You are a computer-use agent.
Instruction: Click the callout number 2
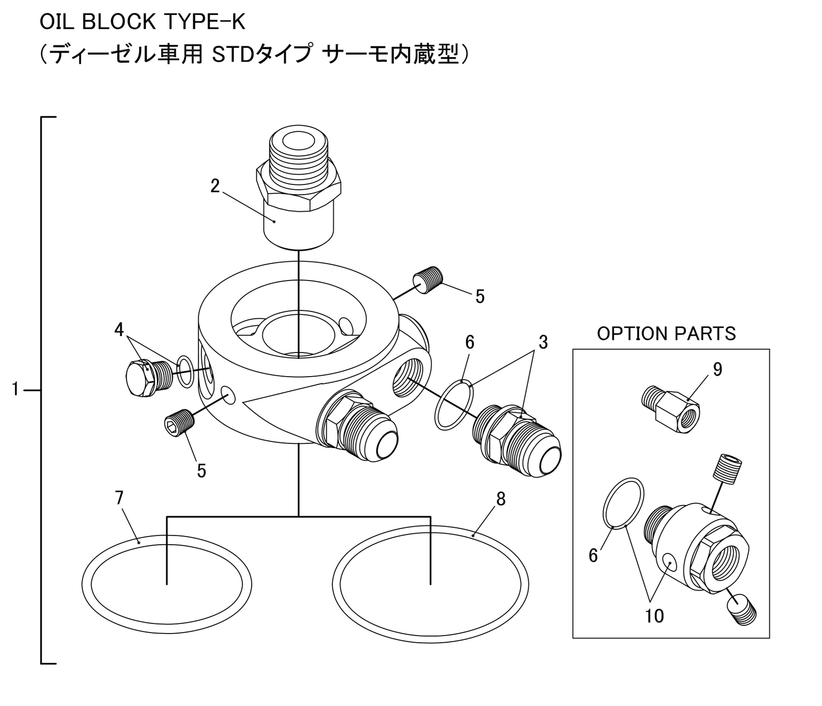click(x=215, y=185)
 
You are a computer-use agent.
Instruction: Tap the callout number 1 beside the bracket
click(x=15, y=390)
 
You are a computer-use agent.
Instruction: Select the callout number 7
click(x=119, y=498)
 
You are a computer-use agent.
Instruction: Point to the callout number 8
click(x=501, y=498)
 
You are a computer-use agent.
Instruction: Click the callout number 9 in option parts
click(x=717, y=369)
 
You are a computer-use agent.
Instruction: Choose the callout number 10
click(x=654, y=616)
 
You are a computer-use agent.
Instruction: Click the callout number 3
click(x=543, y=342)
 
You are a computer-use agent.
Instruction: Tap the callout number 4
click(x=119, y=329)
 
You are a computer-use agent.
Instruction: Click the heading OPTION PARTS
click(x=666, y=333)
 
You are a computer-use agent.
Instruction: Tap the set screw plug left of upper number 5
click(x=428, y=280)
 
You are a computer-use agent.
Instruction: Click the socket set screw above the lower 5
click(x=178, y=425)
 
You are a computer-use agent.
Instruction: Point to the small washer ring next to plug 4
click(x=185, y=371)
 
